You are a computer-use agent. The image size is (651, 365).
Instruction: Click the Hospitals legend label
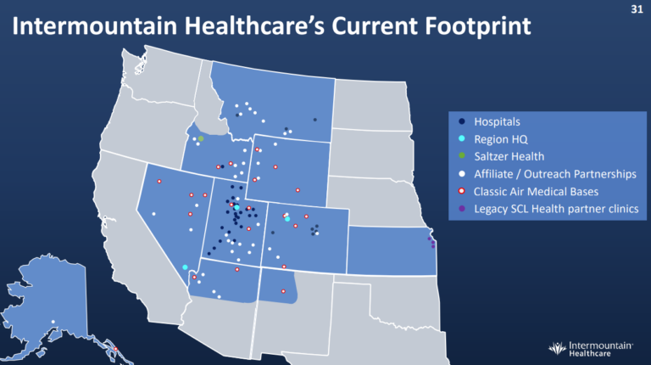point(497,122)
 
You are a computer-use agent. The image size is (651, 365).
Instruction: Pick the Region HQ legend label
point(502,139)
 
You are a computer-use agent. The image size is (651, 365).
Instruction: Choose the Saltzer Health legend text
point(509,156)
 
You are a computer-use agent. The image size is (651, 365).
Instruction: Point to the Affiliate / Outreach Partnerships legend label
point(554,174)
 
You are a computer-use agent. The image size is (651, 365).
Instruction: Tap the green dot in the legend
point(461,156)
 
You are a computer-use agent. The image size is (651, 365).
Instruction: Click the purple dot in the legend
point(461,208)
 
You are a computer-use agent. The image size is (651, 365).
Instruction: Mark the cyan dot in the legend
point(461,139)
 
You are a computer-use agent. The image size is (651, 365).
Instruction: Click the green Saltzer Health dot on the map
point(201,138)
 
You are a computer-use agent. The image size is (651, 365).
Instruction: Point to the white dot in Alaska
point(53,320)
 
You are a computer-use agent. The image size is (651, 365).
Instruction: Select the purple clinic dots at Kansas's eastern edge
point(432,243)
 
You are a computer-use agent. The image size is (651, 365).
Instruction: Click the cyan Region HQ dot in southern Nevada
point(185,267)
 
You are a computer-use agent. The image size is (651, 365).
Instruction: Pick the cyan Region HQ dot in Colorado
point(288,219)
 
